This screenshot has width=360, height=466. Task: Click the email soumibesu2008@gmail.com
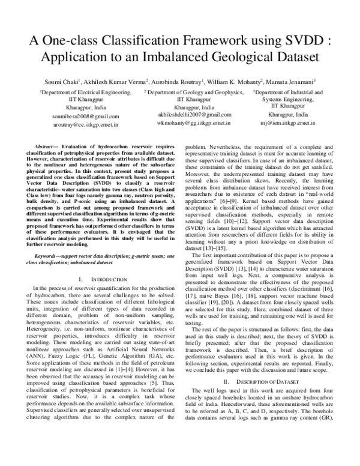[85, 116]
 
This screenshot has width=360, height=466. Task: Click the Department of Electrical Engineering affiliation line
[85, 94]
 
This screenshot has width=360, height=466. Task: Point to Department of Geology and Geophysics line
[194, 93]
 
